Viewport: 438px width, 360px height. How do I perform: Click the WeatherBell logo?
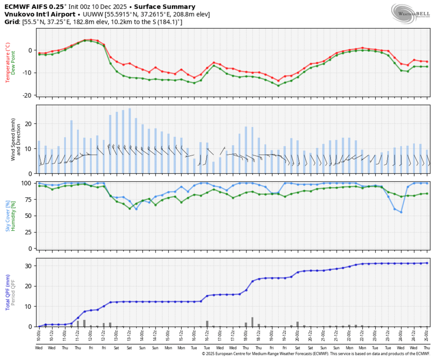(411, 13)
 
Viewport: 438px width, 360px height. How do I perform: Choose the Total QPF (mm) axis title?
(7, 293)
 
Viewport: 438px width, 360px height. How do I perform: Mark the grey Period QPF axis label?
(14, 293)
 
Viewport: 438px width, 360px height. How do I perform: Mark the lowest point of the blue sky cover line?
(401, 212)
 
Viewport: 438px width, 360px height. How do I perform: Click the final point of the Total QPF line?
(427, 263)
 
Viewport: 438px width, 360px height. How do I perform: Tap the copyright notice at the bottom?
(315, 354)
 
